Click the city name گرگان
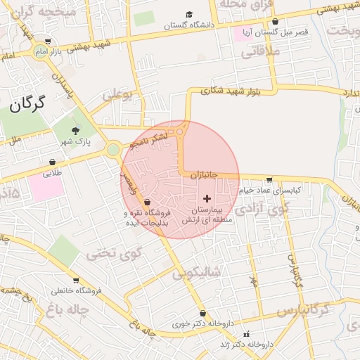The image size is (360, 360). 27,105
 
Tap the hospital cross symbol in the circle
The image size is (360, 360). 206,200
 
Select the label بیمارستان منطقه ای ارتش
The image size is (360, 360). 211,215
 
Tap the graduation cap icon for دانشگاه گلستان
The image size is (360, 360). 188,15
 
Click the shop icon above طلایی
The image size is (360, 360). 52,162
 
